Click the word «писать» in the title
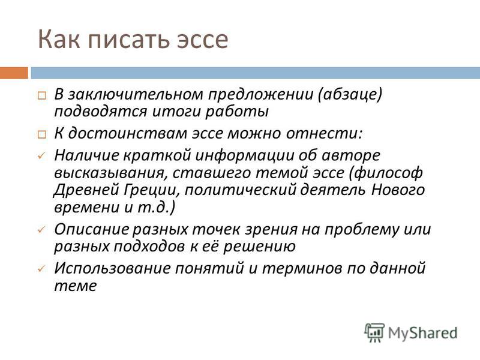point(128,39)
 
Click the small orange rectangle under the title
point(14,73)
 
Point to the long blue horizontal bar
point(256,73)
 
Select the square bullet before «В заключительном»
point(42,96)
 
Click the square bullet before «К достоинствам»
point(42,134)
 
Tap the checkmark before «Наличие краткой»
point(41,156)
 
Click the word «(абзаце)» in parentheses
point(350,95)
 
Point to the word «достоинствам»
point(127,134)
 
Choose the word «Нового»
point(398,190)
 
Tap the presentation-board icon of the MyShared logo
point(374,332)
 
